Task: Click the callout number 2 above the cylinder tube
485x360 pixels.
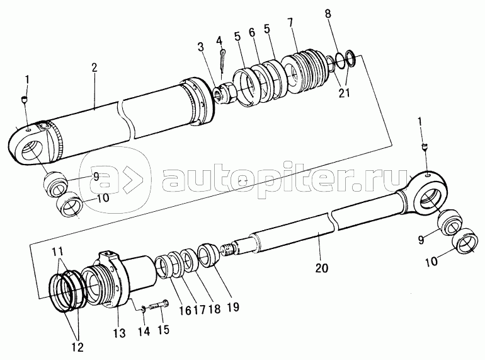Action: point(94,68)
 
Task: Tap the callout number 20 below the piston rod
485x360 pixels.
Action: point(322,268)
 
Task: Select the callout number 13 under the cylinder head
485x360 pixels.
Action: point(119,333)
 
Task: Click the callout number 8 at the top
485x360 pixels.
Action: point(328,13)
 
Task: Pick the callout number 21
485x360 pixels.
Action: point(344,92)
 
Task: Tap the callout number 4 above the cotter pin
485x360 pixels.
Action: point(219,40)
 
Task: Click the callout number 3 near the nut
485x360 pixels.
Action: point(201,47)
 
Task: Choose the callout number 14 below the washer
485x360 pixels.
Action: point(144,331)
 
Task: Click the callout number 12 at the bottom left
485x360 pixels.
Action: point(77,347)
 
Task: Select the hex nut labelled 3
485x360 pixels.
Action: point(225,92)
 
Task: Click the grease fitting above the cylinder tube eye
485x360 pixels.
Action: point(25,100)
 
